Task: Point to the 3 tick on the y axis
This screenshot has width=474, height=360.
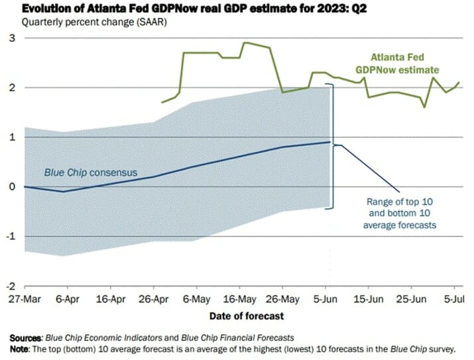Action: click(x=11, y=38)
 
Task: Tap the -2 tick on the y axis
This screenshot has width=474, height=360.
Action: click(x=9, y=286)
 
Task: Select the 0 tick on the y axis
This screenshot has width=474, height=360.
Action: click(x=11, y=187)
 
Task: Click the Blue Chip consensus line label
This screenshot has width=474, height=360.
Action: click(x=90, y=173)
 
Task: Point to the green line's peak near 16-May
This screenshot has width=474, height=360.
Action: click(x=246, y=43)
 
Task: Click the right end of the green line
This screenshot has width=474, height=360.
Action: click(x=459, y=83)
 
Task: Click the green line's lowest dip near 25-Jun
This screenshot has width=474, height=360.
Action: click(x=425, y=107)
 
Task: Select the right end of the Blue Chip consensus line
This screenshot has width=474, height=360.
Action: click(x=329, y=142)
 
